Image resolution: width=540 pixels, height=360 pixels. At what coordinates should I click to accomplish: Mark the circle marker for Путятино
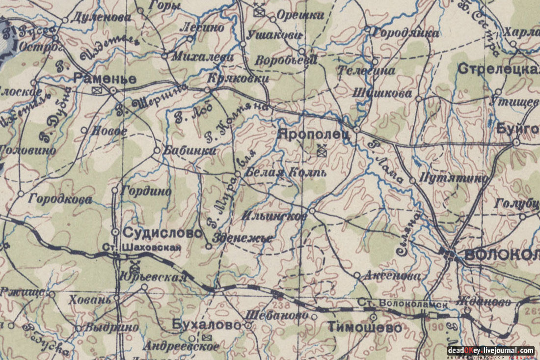tap(413, 180)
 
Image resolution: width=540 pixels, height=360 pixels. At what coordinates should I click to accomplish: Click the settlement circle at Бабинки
tap(157, 150)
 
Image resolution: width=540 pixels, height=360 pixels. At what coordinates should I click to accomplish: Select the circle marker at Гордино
tap(115, 190)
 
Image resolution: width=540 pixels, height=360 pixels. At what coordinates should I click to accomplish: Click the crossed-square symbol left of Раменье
tap(96, 90)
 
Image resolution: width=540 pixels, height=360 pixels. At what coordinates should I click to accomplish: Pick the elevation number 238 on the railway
tap(279, 305)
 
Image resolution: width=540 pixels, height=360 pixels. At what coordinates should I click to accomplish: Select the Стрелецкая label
tap(498, 69)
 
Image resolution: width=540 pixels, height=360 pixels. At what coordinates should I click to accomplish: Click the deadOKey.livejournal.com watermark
tap(490, 350)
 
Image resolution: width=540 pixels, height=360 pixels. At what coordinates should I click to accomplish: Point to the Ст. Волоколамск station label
tap(403, 304)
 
